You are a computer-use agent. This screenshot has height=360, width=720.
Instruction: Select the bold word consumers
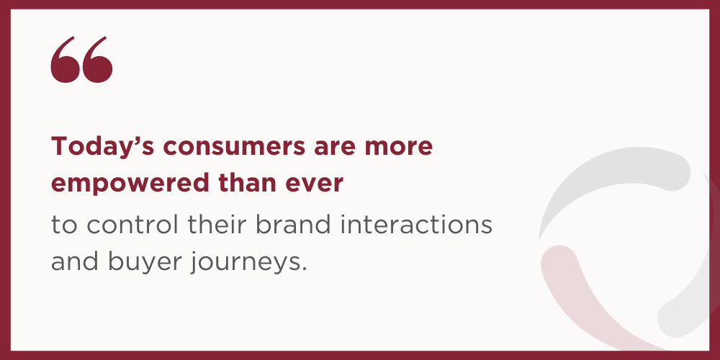click(x=234, y=147)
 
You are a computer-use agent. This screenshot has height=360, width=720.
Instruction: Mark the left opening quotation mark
click(x=66, y=60)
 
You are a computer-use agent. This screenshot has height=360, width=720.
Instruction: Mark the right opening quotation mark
click(x=97, y=60)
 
